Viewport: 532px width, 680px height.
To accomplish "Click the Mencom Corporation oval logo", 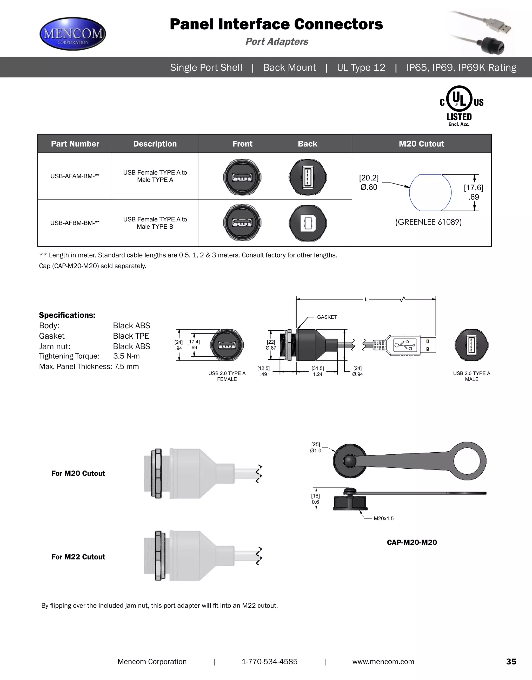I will coord(73,34).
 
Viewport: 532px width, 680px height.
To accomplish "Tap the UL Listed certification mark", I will coord(460,105).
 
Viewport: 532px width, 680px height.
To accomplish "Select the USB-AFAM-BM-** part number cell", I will coord(75,176).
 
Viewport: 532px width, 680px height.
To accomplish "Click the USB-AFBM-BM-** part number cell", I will coord(75,223).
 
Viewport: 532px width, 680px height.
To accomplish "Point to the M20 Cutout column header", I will coord(421,144).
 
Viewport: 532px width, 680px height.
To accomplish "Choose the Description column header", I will coord(155,144).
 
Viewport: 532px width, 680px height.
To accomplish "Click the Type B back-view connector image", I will coord(308,223).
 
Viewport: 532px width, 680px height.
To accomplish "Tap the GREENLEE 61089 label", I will coord(428,222).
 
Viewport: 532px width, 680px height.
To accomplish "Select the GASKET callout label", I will coord(327,317).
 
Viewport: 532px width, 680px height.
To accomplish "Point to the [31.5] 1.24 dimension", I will coord(318,371).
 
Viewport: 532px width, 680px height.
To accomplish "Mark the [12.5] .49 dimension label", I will coord(263,371).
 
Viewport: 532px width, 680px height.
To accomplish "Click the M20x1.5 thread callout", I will coord(383,518).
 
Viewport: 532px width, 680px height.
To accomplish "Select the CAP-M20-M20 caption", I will coord(412,542).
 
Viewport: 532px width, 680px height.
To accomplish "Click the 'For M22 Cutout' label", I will coord(78,557).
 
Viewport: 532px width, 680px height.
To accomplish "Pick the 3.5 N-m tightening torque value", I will coord(127,356).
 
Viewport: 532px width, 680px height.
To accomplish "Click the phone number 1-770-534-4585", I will coord(270,662).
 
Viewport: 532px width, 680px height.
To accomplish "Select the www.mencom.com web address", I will coord(383,662).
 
